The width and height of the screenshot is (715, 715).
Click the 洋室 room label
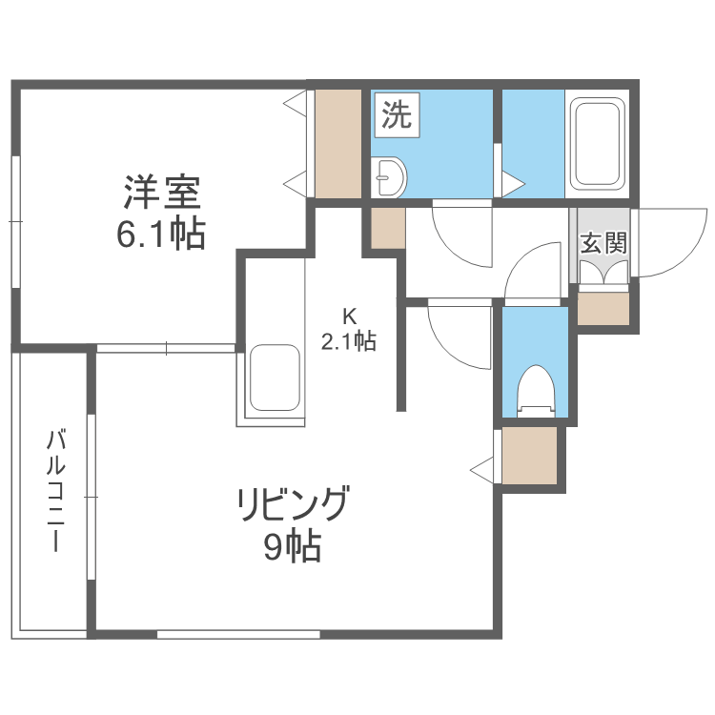click(161, 194)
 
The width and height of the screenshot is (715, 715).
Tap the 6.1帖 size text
click(161, 234)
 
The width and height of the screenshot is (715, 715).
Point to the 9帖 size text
click(292, 547)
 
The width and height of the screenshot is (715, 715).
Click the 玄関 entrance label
click(603, 243)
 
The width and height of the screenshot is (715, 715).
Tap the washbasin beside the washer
click(391, 176)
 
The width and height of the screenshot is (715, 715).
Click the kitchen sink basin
click(275, 378)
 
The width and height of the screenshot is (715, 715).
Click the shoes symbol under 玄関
click(603, 273)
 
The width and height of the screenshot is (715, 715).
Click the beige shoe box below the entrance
click(603, 309)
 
